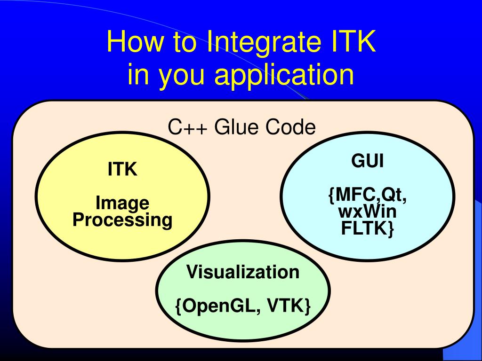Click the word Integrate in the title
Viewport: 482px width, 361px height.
(261, 43)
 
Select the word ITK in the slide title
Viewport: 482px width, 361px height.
(351, 43)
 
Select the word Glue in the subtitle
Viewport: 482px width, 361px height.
(238, 127)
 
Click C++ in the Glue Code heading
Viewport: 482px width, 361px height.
(187, 127)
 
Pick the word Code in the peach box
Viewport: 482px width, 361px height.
(290, 127)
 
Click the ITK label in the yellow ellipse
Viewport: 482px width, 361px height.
(122, 169)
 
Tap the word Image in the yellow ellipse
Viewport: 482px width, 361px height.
(122, 203)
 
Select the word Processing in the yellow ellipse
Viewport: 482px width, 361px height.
(122, 220)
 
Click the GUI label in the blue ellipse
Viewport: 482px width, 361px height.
(368, 161)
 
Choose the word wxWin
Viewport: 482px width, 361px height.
(368, 212)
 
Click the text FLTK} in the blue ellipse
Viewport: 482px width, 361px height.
(368, 229)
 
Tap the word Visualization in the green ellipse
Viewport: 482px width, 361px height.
(243, 272)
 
